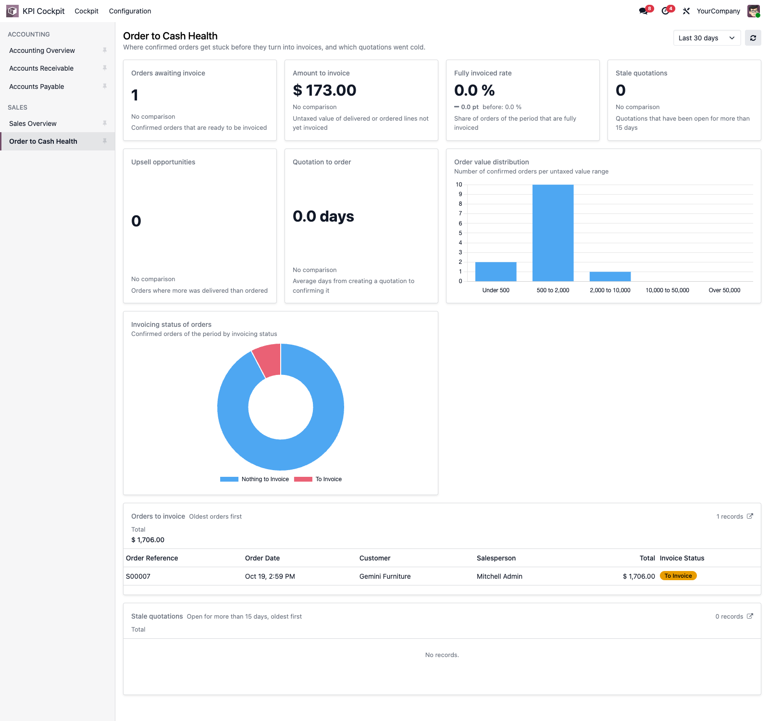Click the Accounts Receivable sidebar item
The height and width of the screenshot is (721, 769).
click(41, 68)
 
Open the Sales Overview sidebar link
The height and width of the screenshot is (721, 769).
click(33, 124)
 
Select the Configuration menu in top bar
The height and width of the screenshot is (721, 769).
click(130, 11)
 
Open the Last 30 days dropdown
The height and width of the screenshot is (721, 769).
click(707, 38)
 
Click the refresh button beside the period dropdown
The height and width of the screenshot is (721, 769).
click(753, 38)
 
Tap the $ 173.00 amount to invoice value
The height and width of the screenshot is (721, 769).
click(324, 90)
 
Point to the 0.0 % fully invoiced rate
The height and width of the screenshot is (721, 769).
click(474, 90)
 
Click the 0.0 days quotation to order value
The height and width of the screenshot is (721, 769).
click(323, 216)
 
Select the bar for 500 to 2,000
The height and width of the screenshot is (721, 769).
click(553, 233)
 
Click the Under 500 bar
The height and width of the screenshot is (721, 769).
click(496, 272)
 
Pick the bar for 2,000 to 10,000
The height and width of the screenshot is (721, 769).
click(610, 276)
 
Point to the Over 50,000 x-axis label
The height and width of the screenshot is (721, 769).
click(724, 290)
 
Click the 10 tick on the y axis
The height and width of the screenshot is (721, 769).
click(459, 185)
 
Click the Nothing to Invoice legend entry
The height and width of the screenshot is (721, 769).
click(255, 479)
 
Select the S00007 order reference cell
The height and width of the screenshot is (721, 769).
click(138, 576)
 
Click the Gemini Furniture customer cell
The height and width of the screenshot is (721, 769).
click(385, 576)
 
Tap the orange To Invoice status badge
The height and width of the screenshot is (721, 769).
click(678, 576)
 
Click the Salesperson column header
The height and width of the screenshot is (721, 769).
click(496, 558)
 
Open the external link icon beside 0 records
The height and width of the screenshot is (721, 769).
click(750, 616)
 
